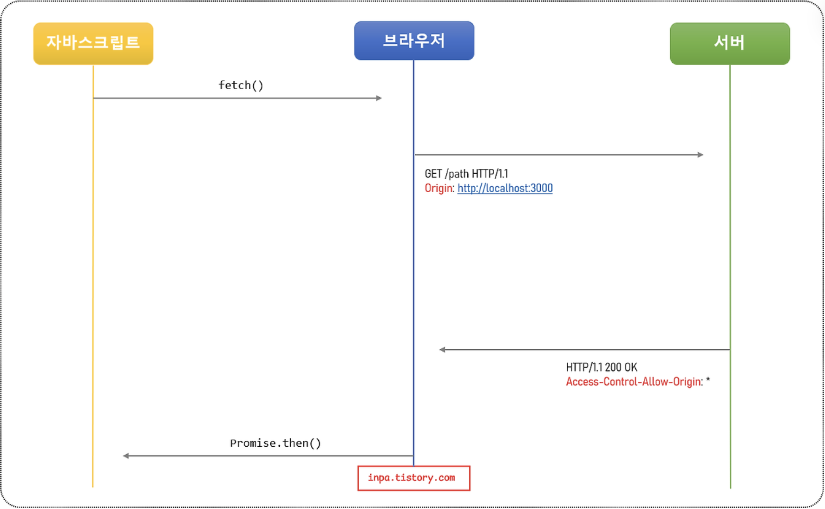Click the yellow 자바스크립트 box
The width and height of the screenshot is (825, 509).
(93, 43)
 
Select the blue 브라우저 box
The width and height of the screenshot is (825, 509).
(414, 41)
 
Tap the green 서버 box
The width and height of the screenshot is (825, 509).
(729, 43)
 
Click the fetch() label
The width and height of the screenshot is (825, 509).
(241, 85)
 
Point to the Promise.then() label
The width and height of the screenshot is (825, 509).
(275, 443)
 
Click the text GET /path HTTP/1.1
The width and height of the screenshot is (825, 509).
(466, 174)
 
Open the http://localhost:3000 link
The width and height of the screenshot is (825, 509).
(505, 188)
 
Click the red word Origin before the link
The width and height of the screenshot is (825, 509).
(439, 188)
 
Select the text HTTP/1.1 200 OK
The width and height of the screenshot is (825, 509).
(602, 367)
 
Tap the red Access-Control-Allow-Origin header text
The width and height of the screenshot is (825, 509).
(633, 382)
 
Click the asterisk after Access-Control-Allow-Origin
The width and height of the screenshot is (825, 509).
(708, 380)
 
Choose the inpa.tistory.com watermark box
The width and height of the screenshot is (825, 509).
(413, 478)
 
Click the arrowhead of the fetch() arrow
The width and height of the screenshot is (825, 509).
(379, 98)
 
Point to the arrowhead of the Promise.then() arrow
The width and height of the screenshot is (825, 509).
(126, 456)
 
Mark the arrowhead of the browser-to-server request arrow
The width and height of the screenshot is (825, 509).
(701, 155)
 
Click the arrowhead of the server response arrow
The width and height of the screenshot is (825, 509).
(442, 350)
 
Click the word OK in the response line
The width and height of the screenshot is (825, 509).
(631, 367)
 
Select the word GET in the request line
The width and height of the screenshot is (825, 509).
(433, 174)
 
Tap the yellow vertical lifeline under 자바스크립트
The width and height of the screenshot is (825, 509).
(93, 279)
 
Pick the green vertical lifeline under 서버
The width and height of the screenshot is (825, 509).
(730, 255)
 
